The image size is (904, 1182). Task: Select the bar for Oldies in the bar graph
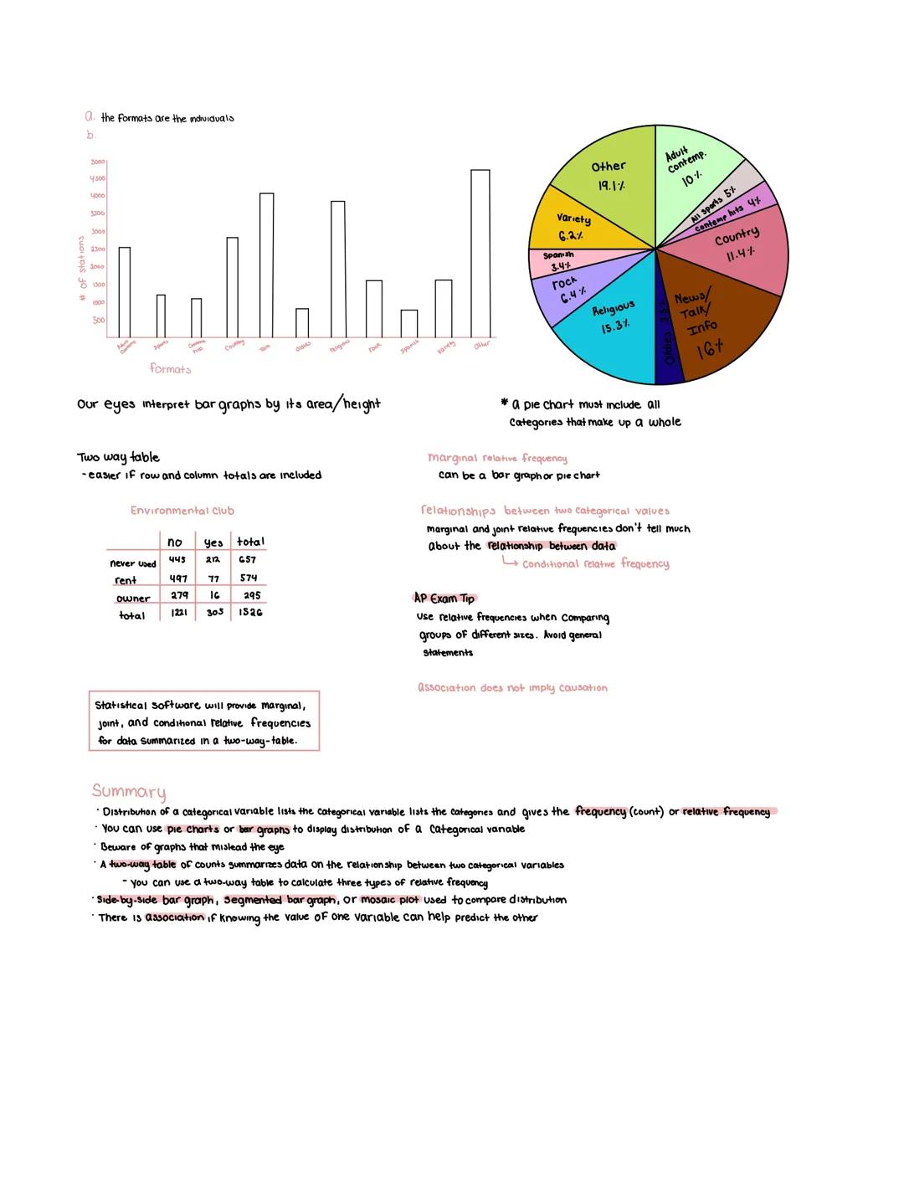[x=302, y=322]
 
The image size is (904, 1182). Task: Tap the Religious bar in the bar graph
[x=337, y=269]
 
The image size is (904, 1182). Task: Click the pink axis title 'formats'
[x=170, y=368]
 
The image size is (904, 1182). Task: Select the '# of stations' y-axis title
[x=82, y=267]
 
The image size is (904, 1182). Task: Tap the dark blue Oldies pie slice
[x=669, y=335]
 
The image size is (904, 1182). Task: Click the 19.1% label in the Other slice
[x=611, y=186]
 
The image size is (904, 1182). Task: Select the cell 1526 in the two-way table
[x=250, y=613]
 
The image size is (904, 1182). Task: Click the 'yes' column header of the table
[x=213, y=542]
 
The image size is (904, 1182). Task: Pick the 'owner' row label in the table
[x=133, y=599]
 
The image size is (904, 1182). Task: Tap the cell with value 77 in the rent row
[x=213, y=578]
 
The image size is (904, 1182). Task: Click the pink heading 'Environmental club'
[x=182, y=511]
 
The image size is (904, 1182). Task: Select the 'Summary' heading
[x=129, y=791]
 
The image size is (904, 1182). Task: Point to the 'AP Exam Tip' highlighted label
[x=444, y=599]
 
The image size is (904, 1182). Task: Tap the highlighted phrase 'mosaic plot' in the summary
[x=389, y=900]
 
